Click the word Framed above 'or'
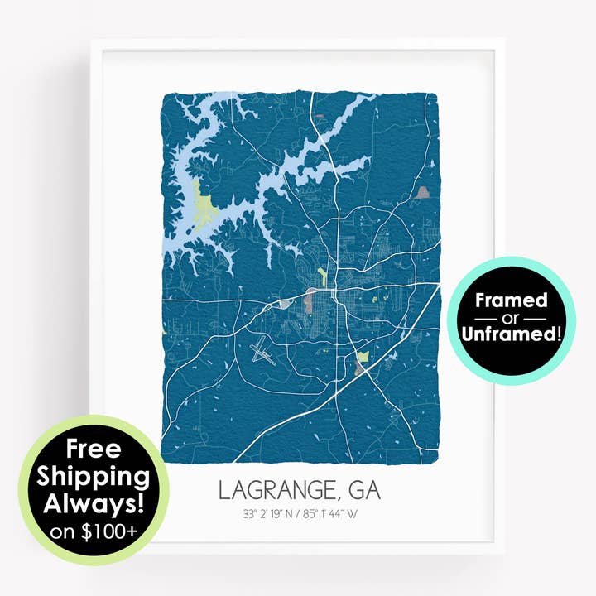511,300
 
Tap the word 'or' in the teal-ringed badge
511,319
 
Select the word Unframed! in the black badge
512,334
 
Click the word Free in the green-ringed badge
94,450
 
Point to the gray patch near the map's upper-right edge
425,193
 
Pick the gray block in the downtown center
313,297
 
